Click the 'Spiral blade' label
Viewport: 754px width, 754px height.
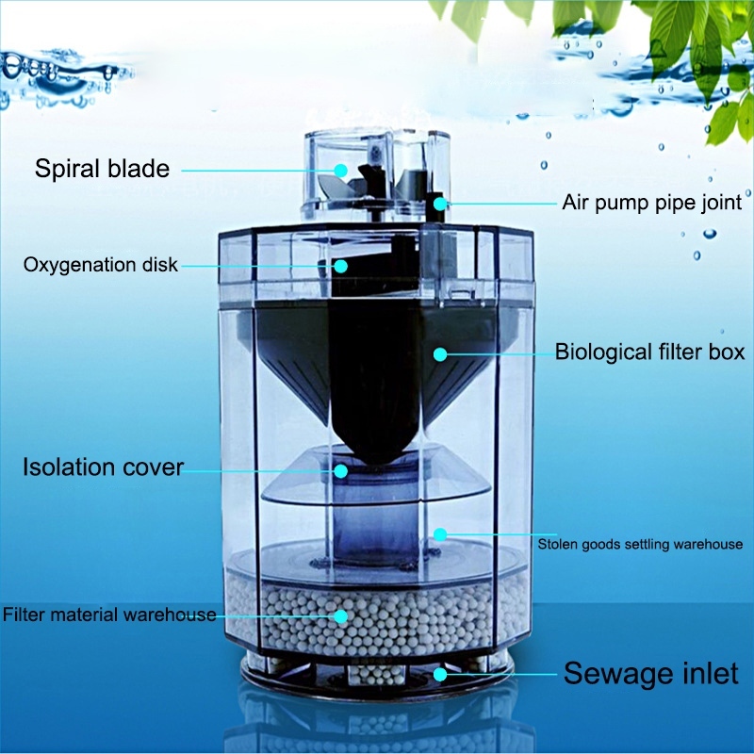click(x=102, y=170)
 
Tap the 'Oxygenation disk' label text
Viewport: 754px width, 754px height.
click(x=100, y=265)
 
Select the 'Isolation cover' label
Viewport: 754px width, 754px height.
click(x=103, y=467)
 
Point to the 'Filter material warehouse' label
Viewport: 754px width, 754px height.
click(x=109, y=615)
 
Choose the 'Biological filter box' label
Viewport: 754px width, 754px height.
click(x=649, y=352)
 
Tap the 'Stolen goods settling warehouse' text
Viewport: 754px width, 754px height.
click(x=640, y=544)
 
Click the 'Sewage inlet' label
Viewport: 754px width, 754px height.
click(x=651, y=674)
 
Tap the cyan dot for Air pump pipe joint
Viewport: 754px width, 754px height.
click(x=438, y=202)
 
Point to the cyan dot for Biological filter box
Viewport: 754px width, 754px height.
click(x=438, y=354)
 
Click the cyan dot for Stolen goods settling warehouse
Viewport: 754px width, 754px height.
click(x=438, y=534)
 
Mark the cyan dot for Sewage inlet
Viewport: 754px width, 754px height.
click(x=438, y=675)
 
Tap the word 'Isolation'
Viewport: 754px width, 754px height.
click(x=65, y=467)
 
